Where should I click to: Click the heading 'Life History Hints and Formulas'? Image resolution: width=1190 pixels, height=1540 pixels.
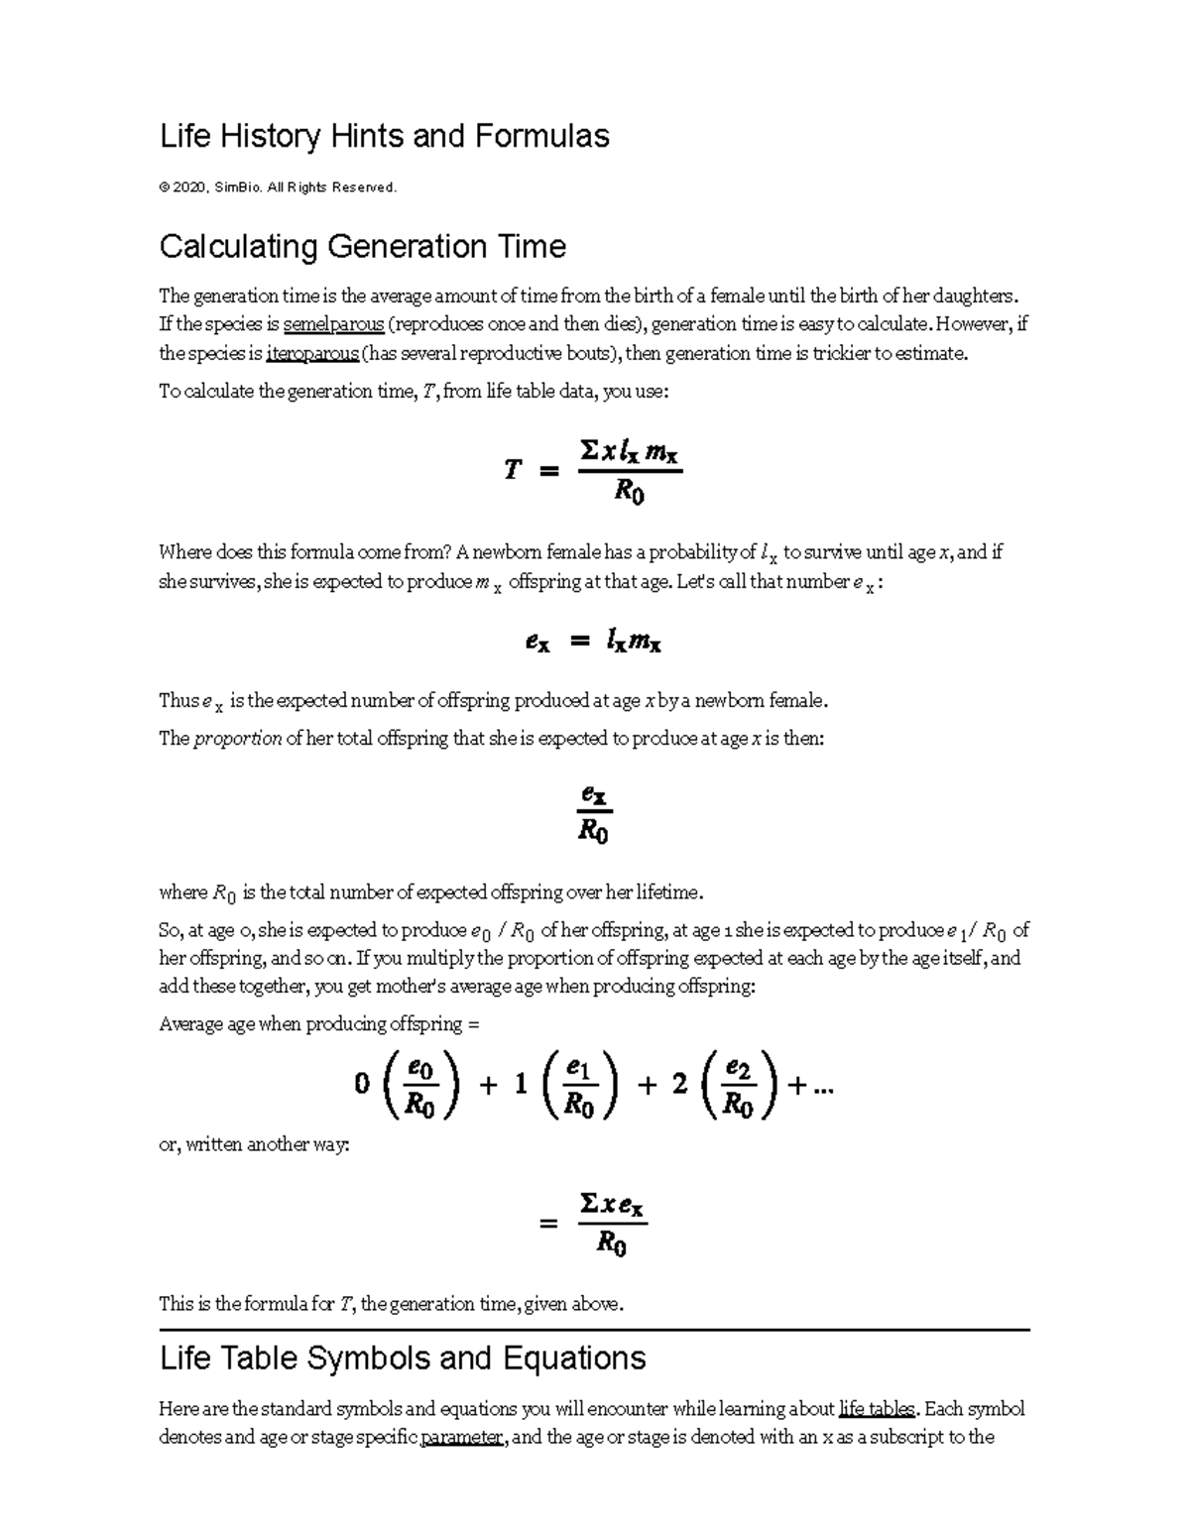coord(384,136)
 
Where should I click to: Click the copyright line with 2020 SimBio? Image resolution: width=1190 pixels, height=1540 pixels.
coord(278,187)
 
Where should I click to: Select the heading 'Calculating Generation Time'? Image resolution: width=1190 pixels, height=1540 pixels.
coord(362,246)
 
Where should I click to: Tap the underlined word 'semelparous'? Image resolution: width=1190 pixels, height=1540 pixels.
coord(333,324)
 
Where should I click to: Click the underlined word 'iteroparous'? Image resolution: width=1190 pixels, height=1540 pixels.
coord(312,353)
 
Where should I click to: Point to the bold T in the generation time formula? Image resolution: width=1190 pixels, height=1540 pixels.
coord(512,470)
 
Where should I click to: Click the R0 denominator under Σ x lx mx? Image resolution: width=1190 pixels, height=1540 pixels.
coord(629,491)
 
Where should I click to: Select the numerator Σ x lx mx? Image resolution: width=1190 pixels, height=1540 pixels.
coord(629,452)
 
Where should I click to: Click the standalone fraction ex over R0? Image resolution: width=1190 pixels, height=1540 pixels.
coord(593,813)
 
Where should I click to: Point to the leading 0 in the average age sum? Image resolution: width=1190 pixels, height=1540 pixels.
coord(362,1084)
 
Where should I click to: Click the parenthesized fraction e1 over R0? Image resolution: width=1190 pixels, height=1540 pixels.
coord(579,1087)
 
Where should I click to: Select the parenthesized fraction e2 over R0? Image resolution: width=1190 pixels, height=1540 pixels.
coord(739,1087)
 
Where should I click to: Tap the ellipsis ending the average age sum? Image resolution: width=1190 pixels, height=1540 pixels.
coord(823,1087)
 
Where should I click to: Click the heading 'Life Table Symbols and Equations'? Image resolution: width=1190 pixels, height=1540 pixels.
coord(403,1358)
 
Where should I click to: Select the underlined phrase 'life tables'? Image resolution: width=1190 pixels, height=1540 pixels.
coord(876,1409)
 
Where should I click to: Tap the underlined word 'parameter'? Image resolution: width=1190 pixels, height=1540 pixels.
coord(462,1438)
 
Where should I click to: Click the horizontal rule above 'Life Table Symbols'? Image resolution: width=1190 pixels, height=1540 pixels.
coord(595,1330)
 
